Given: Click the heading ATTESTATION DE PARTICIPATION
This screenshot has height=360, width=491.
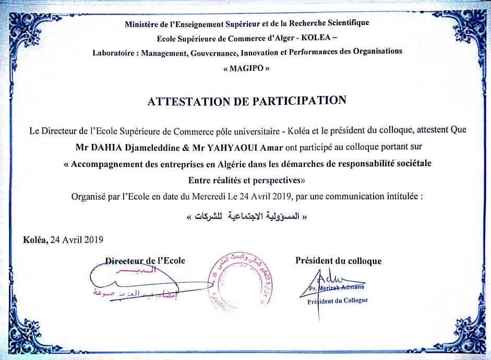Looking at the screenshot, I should click(x=247, y=101).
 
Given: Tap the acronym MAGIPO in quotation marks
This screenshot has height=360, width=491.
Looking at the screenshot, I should click(x=246, y=68).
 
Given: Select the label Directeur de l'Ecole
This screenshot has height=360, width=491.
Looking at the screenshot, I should click(x=145, y=260).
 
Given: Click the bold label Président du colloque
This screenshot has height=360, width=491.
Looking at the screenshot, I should click(x=338, y=261).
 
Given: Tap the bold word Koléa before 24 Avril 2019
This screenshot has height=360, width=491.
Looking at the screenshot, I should click(x=34, y=239).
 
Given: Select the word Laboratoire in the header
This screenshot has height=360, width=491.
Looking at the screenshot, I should click(x=113, y=52).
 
